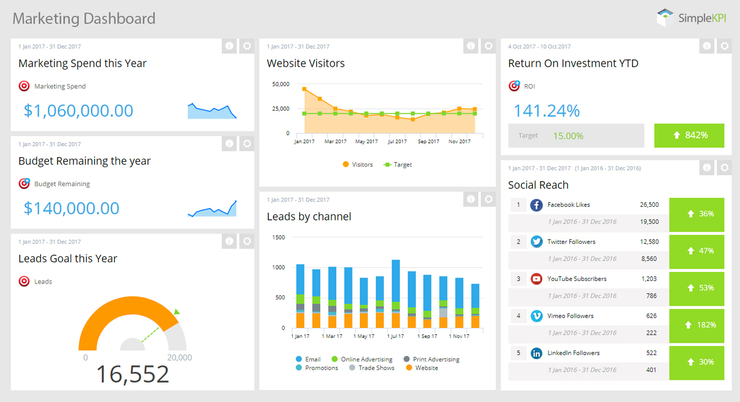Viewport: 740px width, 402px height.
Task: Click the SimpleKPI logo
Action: [691, 18]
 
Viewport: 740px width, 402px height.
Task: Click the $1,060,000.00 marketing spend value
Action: [78, 111]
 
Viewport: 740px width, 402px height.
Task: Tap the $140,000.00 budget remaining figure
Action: [71, 208]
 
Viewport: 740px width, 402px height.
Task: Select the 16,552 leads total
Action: [132, 374]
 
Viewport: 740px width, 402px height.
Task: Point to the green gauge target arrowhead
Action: [177, 312]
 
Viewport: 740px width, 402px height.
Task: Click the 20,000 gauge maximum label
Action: [179, 358]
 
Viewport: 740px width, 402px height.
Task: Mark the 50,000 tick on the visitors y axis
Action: [280, 84]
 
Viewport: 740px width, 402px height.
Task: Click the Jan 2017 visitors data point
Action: [304, 89]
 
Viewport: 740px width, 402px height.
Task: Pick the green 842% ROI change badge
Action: [689, 135]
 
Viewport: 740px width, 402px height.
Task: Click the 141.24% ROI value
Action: [547, 111]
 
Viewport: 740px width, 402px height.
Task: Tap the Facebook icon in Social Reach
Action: [536, 205]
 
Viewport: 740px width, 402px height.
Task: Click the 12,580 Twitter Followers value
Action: [649, 242]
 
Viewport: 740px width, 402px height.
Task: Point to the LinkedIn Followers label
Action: [573, 353]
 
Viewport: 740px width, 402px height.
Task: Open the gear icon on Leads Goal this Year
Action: [247, 241]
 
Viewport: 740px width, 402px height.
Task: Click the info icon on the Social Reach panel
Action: [707, 168]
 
